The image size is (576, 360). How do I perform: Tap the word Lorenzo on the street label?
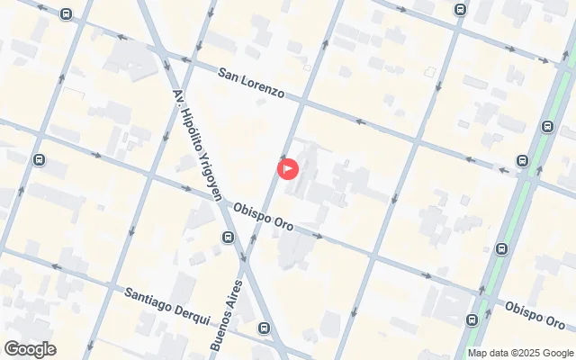[264, 88]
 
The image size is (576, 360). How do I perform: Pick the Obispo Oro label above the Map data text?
[535, 314]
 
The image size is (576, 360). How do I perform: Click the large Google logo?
[30, 349]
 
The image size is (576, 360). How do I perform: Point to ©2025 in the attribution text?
[526, 353]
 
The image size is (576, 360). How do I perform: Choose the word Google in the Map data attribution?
[558, 353]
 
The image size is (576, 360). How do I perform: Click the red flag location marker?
[288, 167]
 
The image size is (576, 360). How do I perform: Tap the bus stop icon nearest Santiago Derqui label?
[263, 328]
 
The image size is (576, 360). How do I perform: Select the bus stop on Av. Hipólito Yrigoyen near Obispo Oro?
[228, 238]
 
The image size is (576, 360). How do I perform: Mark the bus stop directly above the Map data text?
[472, 320]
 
